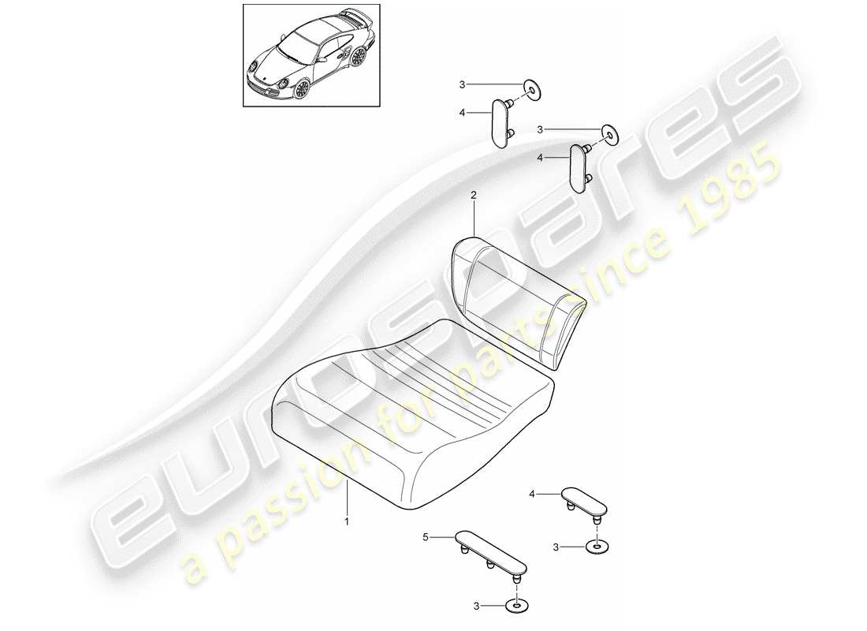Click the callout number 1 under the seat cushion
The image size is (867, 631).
pos(345,521)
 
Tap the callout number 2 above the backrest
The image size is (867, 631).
pos(473,194)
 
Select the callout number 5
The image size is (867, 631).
pos(425,537)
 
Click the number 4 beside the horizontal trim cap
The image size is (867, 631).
pos(532,494)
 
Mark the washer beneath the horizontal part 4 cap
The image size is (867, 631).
pos(598,545)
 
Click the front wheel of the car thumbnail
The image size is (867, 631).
pos(301,88)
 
